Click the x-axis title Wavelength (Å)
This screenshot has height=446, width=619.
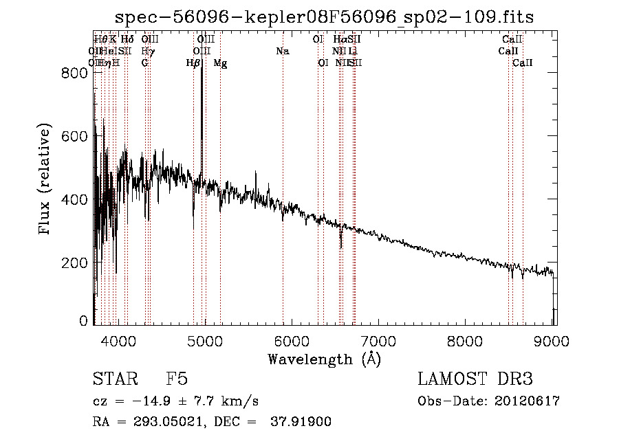click(x=324, y=359)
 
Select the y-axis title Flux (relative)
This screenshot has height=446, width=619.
click(x=45, y=180)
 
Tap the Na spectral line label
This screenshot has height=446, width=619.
click(x=283, y=51)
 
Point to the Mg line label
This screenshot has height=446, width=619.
click(x=220, y=63)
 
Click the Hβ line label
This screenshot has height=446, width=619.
click(x=193, y=63)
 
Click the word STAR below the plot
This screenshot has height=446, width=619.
click(x=112, y=380)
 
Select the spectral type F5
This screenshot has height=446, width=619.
click(x=177, y=380)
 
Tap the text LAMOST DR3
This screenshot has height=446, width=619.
click(x=475, y=380)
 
